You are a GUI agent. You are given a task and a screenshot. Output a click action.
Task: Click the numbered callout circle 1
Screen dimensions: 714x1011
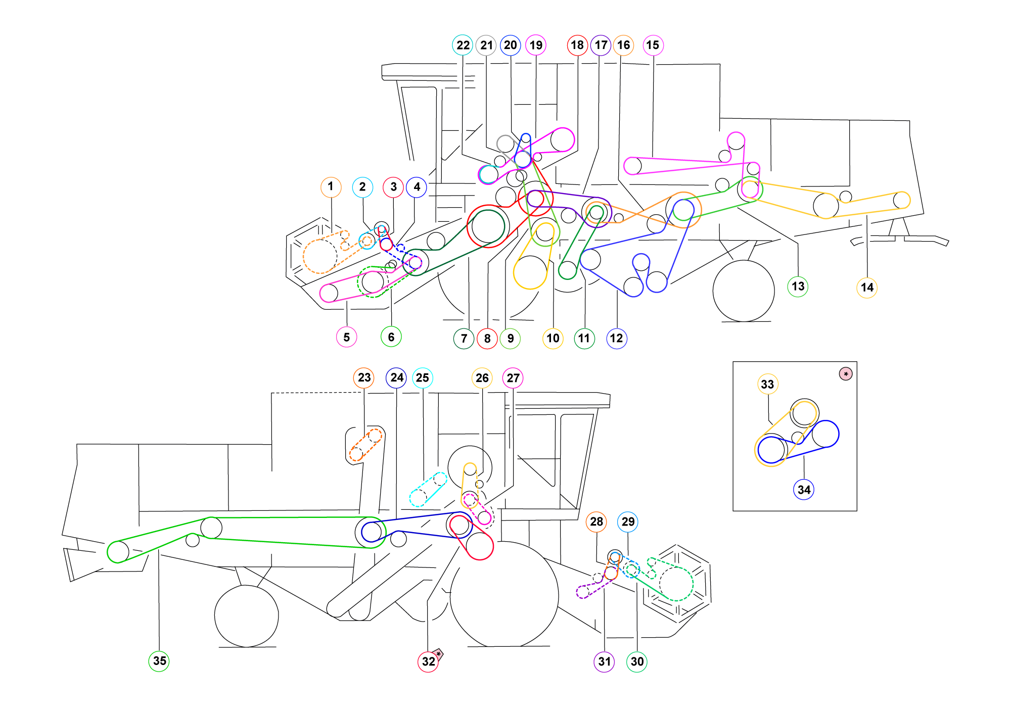(331, 186)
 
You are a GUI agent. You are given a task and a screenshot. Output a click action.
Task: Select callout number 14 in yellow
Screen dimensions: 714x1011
(866, 288)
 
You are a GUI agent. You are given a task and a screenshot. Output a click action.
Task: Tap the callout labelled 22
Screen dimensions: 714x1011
(463, 45)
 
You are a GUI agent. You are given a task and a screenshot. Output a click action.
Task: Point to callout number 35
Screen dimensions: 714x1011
(159, 660)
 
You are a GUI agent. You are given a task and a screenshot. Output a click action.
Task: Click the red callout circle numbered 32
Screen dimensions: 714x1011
(428, 661)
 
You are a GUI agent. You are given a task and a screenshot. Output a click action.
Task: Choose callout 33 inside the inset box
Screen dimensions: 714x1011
(767, 384)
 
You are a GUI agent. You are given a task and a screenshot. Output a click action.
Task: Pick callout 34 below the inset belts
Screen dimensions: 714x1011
(804, 489)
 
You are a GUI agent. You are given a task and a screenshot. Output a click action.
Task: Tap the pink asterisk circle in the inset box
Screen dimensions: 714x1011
(846, 374)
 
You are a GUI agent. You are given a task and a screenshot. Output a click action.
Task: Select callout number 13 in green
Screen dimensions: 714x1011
(798, 287)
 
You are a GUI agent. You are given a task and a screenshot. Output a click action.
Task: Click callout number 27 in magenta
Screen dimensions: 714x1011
(513, 378)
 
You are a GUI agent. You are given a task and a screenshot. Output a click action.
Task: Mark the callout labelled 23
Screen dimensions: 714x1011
(364, 377)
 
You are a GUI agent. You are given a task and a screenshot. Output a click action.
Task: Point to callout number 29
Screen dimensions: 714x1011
(628, 521)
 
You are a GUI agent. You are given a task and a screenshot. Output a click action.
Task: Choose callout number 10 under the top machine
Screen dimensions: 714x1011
(553, 338)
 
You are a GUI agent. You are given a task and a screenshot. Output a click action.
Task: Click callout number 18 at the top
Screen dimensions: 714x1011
(577, 45)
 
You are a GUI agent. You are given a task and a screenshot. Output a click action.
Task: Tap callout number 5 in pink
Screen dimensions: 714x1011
(346, 337)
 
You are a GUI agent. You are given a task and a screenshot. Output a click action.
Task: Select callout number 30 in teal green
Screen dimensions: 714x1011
(637, 661)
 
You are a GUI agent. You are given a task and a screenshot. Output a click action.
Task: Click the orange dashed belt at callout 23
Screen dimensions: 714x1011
(365, 445)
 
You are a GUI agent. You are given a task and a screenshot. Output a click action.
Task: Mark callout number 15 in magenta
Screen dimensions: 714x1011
(653, 45)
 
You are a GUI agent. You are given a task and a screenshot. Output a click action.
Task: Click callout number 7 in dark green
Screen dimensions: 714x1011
(464, 338)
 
